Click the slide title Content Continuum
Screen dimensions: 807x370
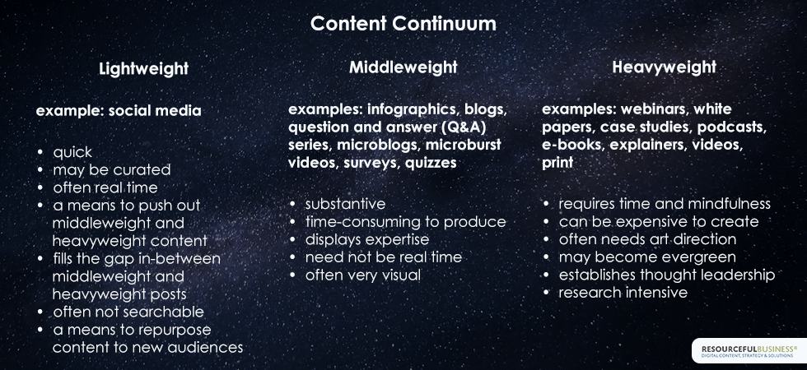click(403, 24)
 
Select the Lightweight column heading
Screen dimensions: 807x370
click(143, 69)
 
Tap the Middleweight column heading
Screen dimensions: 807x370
click(403, 67)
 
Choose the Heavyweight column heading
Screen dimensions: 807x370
click(664, 67)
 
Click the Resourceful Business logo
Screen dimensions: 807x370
click(749, 352)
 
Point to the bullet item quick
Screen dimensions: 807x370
click(72, 152)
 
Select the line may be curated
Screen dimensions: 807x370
click(112, 169)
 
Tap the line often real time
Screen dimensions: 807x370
click(105, 187)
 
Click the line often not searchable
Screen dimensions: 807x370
click(128, 312)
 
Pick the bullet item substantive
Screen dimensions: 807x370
click(345, 204)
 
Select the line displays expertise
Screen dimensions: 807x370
click(367, 239)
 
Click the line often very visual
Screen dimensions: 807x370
click(363, 275)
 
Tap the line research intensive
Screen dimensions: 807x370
click(623, 293)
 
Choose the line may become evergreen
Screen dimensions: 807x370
click(647, 257)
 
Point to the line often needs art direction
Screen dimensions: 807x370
click(647, 239)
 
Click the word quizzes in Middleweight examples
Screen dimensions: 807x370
click(431, 163)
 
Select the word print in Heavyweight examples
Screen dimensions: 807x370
click(557, 163)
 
